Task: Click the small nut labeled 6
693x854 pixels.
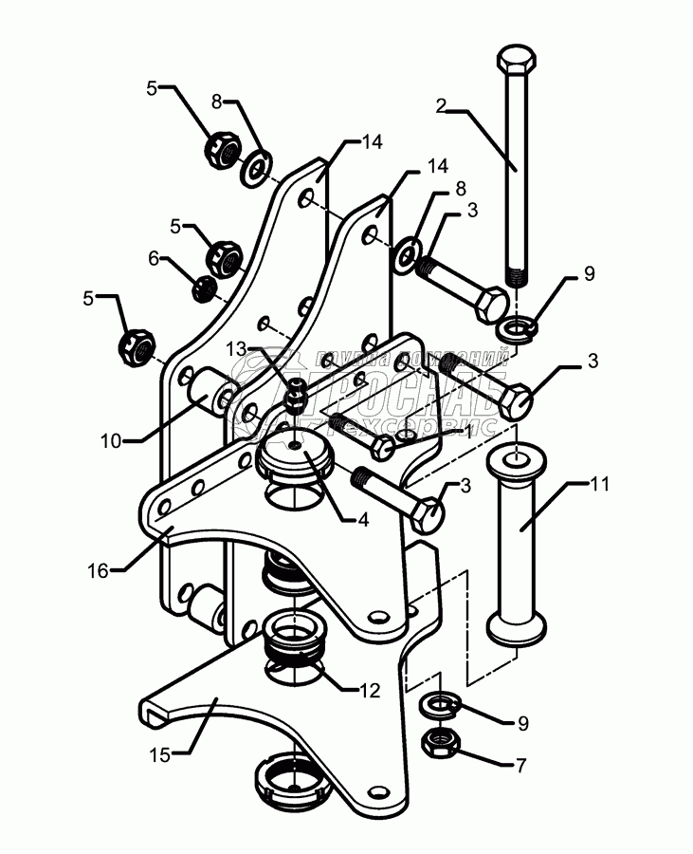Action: pyautogui.click(x=203, y=288)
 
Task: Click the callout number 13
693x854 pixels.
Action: pyautogui.click(x=233, y=350)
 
